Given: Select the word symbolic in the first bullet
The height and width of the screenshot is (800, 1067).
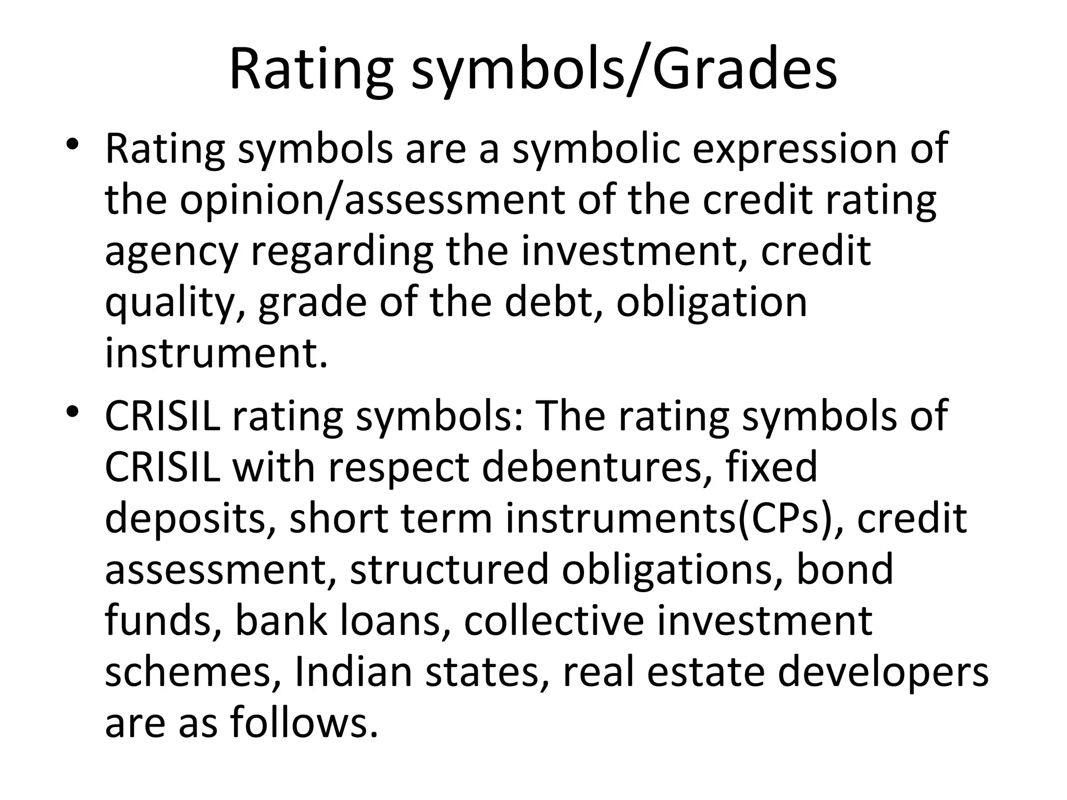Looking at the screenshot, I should click(595, 149).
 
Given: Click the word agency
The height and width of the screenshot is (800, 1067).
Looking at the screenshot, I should click(171, 252).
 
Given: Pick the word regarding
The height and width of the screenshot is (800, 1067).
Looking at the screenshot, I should click(342, 252).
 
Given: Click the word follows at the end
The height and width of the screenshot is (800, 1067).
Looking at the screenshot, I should click(304, 722).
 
